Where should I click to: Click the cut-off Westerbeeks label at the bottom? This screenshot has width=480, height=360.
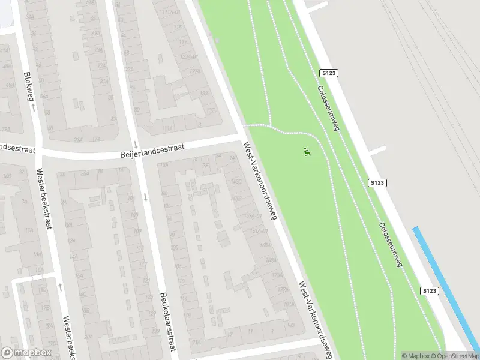[68, 338]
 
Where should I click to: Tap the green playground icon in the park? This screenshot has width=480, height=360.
[308, 152]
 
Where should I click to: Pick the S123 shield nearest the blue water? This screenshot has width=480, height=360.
[430, 290]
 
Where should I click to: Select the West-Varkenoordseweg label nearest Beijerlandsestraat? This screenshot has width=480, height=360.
[260, 181]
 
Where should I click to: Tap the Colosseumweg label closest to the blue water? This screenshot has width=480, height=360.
[390, 245]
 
